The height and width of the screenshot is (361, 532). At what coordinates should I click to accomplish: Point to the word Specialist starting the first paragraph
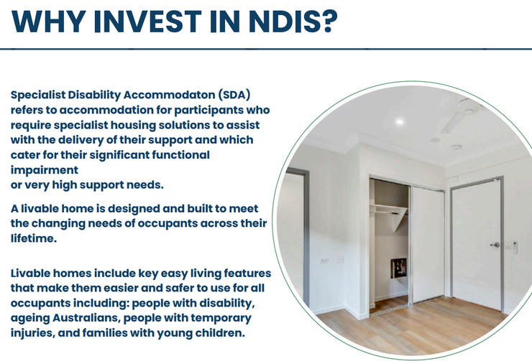[38, 95]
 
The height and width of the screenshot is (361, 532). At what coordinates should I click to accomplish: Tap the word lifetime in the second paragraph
[34, 238]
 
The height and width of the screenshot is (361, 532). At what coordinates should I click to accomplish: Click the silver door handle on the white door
[495, 245]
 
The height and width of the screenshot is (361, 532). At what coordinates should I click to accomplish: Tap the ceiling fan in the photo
[461, 113]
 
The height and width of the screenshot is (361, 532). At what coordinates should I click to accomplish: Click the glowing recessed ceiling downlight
[399, 122]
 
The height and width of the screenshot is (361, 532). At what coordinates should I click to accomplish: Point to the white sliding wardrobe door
[427, 244]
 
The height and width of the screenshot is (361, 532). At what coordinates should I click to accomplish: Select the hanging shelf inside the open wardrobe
[388, 210]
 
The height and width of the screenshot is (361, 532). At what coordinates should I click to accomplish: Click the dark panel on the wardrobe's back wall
[398, 267]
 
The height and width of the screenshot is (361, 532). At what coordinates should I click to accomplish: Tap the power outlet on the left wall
[324, 260]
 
